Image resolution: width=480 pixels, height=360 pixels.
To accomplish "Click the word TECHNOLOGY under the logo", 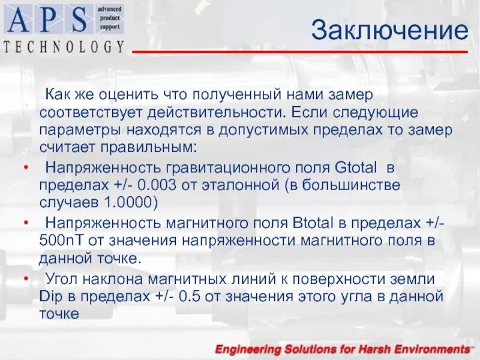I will click(64, 46).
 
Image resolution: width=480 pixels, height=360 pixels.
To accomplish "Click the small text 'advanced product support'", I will click(109, 19).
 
